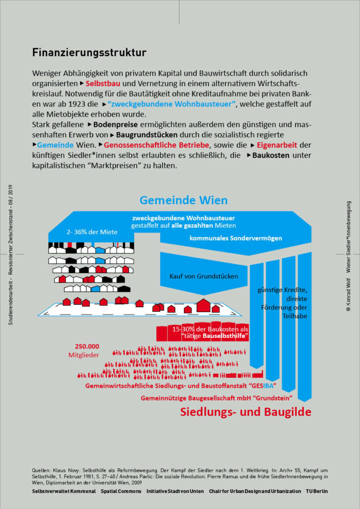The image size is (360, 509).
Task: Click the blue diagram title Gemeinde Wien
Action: [183, 200]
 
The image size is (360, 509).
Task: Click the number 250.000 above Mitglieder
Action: [87, 346]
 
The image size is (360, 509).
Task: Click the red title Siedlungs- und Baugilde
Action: [245, 412]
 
